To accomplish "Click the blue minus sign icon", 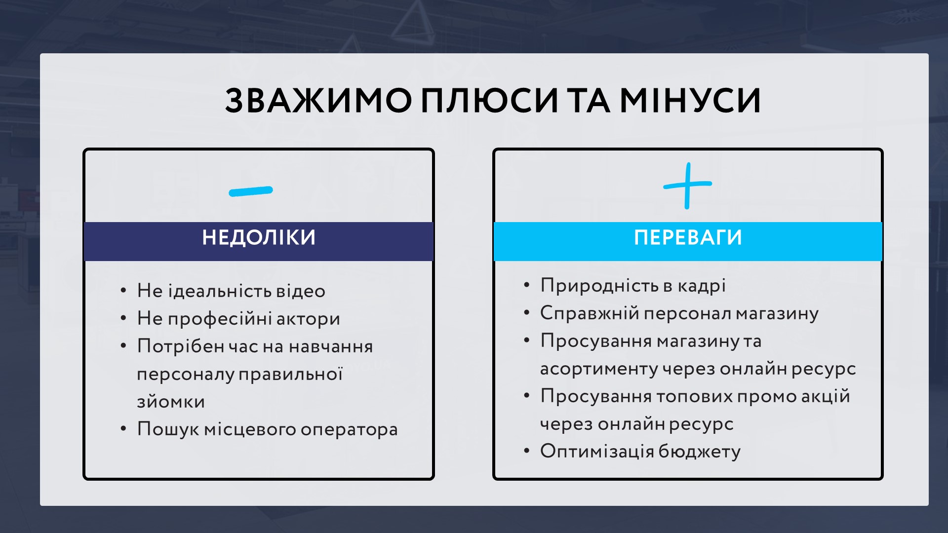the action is [251, 191].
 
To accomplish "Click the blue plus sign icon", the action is [687, 186].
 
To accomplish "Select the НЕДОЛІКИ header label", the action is [259, 237].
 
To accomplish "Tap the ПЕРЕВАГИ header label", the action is [688, 237].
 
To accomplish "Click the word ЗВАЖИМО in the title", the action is [318, 101].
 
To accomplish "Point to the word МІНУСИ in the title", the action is [690, 101].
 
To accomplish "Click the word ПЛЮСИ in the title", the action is [489, 101].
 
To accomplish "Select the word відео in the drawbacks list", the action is [301, 291].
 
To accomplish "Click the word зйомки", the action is [171, 402].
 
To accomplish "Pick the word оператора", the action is [349, 430].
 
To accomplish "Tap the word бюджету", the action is [700, 452].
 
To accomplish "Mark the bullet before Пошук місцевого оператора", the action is [123, 429].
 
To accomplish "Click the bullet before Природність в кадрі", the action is [527, 285].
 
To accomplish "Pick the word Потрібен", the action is [181, 346].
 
